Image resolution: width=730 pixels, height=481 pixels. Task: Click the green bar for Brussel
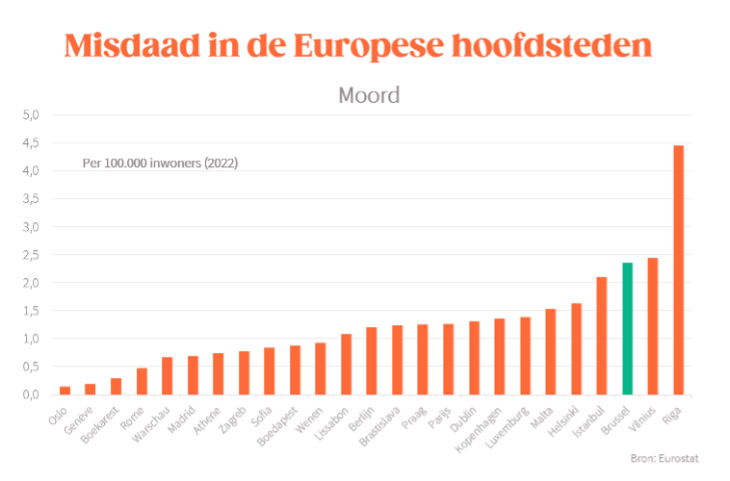(x=627, y=328)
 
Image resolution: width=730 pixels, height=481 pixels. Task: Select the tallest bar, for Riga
(x=678, y=269)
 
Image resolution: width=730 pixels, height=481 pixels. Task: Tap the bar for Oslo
(x=65, y=390)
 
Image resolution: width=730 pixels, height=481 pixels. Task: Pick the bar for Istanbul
(x=602, y=336)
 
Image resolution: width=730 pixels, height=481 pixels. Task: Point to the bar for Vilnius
(x=653, y=326)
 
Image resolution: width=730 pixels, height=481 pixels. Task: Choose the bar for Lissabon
(x=347, y=364)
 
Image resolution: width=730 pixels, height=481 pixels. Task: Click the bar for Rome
(x=142, y=381)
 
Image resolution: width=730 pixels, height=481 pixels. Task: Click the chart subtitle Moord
(x=369, y=95)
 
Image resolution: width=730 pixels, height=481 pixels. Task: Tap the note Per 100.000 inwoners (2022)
(x=160, y=164)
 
